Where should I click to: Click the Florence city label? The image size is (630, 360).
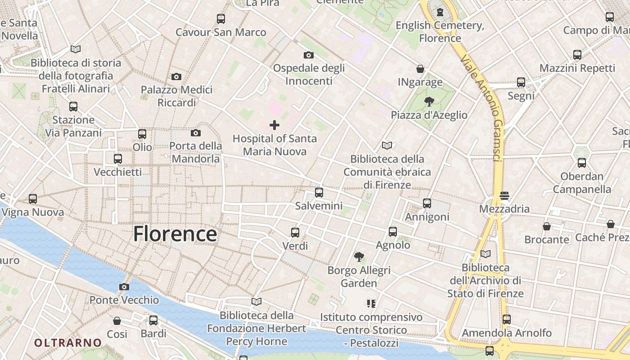click(x=175, y=234)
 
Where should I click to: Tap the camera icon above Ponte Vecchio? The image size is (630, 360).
click(x=124, y=287)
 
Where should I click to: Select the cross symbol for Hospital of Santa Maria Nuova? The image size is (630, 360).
click(x=274, y=125)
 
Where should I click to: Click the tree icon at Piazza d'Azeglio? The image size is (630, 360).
click(x=429, y=102)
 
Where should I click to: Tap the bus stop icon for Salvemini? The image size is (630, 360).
click(x=319, y=193)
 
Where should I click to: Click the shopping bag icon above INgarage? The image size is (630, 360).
click(x=420, y=69)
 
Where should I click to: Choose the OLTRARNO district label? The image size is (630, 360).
click(x=68, y=342)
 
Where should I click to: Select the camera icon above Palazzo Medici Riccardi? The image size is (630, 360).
click(x=176, y=76)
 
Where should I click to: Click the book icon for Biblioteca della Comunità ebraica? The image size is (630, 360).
click(x=387, y=145)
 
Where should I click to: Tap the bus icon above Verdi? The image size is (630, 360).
click(x=295, y=233)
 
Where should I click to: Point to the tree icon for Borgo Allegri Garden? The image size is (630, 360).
click(x=359, y=257)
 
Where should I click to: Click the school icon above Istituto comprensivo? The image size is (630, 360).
click(x=371, y=304)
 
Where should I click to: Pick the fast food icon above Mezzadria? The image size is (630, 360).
click(x=504, y=196)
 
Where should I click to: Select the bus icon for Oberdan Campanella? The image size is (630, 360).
click(x=582, y=163)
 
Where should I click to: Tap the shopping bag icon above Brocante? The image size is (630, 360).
click(x=547, y=226)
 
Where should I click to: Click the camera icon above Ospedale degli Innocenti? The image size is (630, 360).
click(x=309, y=55)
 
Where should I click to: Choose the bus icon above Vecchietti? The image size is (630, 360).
click(x=118, y=159)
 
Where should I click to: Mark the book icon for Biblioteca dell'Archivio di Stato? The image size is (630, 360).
click(x=485, y=254)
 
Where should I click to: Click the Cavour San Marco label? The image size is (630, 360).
click(x=220, y=32)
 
